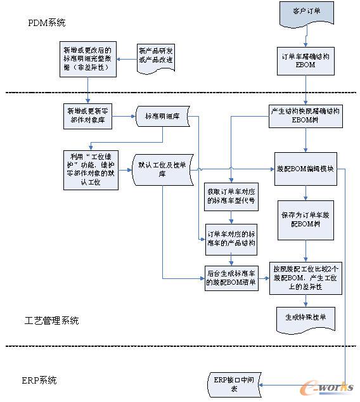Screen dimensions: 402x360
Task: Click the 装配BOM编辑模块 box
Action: (x=308, y=169)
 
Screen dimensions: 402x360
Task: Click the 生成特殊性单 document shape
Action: (x=306, y=317)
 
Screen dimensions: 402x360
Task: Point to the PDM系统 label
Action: (x=47, y=23)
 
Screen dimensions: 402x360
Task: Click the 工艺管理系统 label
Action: (x=52, y=321)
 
